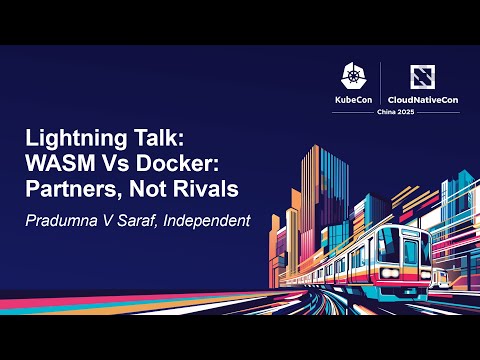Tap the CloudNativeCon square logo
(422, 77)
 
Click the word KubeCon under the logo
(355, 101)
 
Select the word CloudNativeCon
(422, 101)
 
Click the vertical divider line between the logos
(382, 85)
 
